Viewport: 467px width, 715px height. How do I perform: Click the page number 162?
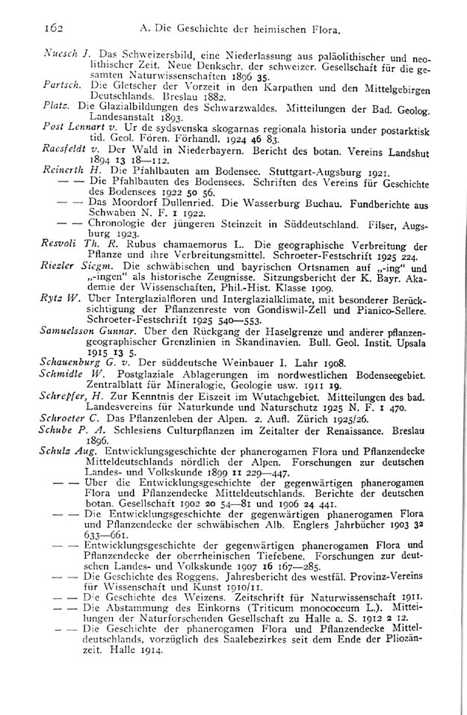click(x=51, y=28)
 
